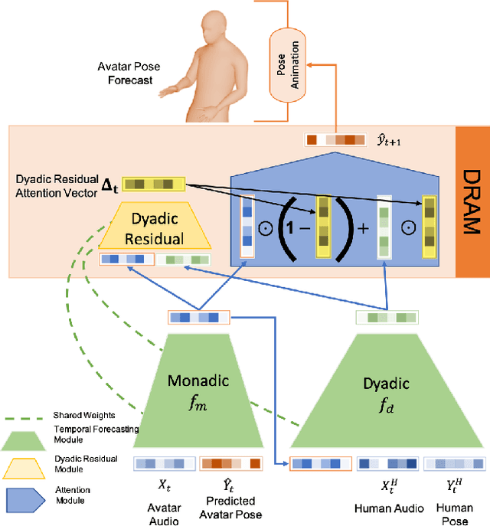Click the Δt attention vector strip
click(x=152, y=184)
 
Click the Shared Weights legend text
click(x=76, y=414)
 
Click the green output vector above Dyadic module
click(x=387, y=316)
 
